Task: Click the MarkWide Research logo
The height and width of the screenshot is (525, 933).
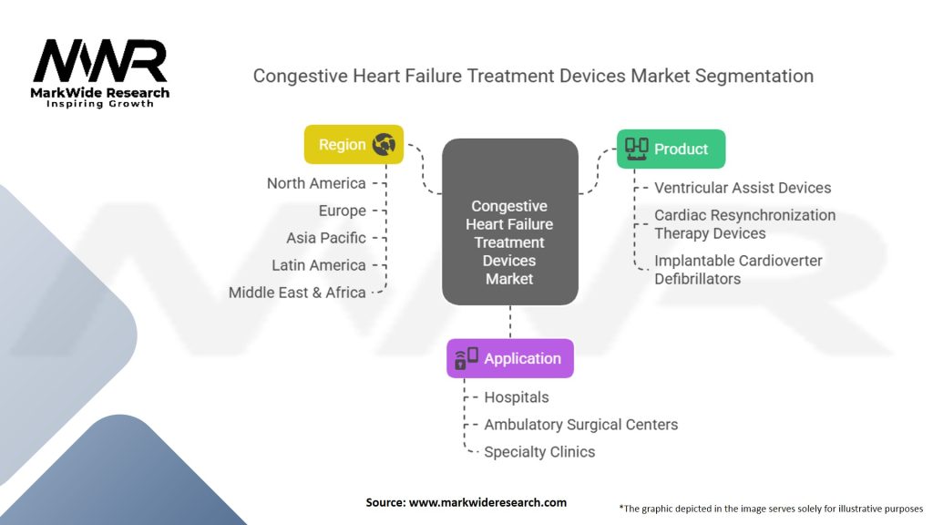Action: click(x=100, y=73)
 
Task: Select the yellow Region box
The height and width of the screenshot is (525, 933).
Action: click(x=354, y=145)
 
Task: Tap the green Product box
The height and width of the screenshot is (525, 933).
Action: click(x=671, y=149)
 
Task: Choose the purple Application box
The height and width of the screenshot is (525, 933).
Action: click(x=509, y=358)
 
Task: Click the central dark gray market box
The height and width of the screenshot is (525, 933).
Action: click(x=509, y=221)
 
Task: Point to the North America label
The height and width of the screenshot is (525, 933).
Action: click(x=316, y=183)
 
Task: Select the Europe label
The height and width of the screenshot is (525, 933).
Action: click(x=342, y=211)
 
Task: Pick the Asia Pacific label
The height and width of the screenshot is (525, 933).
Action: click(x=325, y=238)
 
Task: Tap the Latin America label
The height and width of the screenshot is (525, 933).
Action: click(x=319, y=265)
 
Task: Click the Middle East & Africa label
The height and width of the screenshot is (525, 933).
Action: click(x=297, y=293)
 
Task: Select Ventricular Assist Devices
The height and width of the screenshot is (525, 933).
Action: click(x=743, y=188)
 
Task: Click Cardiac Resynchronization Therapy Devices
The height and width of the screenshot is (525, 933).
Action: click(x=744, y=223)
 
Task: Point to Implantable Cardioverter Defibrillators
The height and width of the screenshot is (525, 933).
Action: click(x=738, y=269)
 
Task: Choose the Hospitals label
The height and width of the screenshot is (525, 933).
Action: click(x=517, y=397)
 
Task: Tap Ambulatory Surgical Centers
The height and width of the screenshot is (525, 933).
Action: click(x=580, y=425)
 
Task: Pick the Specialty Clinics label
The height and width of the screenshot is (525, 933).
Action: click(x=539, y=452)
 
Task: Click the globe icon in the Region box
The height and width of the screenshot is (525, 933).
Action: click(x=384, y=145)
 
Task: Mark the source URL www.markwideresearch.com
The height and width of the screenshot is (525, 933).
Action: click(x=487, y=502)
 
